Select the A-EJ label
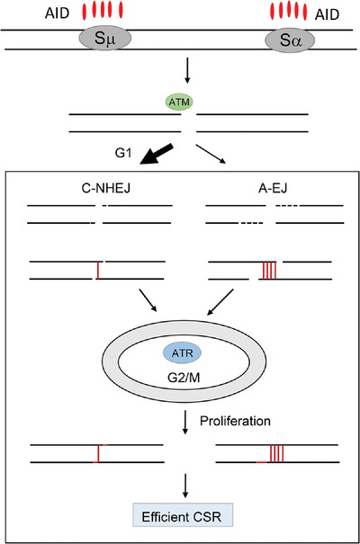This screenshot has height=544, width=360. point(267,190)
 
